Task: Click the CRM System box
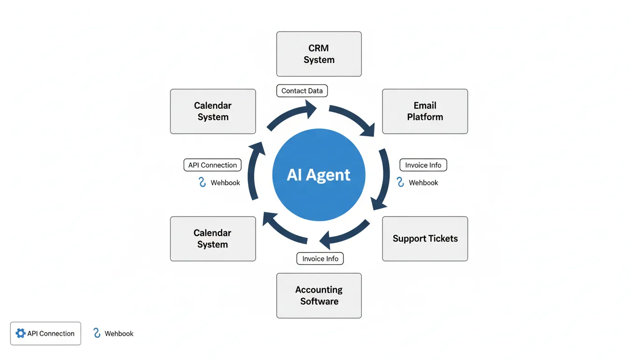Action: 319,54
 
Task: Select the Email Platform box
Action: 425,112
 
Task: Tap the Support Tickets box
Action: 425,239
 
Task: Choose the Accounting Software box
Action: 319,296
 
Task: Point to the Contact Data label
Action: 302,91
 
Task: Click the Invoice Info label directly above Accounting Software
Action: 320,259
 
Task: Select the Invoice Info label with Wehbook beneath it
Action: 423,165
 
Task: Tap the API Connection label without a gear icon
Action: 212,165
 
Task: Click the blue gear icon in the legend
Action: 21,333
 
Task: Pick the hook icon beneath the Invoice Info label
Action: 400,182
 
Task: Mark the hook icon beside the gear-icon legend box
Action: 97,333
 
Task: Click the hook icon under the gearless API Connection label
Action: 202,182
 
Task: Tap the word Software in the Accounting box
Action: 319,301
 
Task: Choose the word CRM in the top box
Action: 319,48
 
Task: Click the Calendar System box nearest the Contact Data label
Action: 213,112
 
